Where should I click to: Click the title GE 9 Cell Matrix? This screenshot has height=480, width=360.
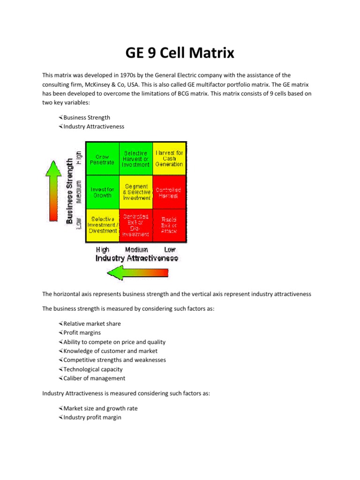click(x=180, y=53)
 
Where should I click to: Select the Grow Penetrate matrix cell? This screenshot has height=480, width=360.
click(x=102, y=159)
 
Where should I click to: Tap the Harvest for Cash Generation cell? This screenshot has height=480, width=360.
click(x=169, y=158)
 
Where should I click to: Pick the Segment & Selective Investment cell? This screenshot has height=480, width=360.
click(x=136, y=192)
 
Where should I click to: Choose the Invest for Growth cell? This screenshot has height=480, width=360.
click(x=102, y=192)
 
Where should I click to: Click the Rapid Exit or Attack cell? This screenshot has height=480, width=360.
click(x=169, y=225)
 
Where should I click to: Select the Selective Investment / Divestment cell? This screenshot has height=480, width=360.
click(x=102, y=225)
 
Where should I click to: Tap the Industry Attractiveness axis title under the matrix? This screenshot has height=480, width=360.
click(x=137, y=258)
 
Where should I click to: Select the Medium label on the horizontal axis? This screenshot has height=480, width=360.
click(x=136, y=250)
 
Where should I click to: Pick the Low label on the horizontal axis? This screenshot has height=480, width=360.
click(x=170, y=250)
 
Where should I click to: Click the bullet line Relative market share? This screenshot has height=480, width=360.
click(x=92, y=324)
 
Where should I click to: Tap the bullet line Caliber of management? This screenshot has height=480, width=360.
click(x=94, y=378)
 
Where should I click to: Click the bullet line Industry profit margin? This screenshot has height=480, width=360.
click(x=92, y=417)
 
